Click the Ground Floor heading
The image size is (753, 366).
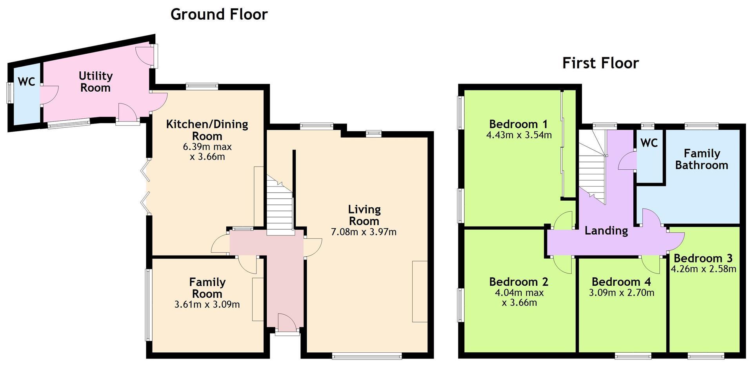click(x=219, y=15)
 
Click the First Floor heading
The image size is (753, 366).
click(x=600, y=63)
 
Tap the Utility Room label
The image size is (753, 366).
click(x=95, y=82)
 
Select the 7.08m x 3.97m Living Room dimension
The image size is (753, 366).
click(x=364, y=232)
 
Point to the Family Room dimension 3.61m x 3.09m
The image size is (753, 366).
click(x=207, y=304)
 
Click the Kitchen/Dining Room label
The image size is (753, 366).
click(x=207, y=130)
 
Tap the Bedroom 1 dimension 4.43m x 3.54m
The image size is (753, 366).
click(x=519, y=135)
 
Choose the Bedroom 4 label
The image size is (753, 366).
click(x=621, y=282)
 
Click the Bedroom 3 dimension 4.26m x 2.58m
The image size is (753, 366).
click(x=703, y=269)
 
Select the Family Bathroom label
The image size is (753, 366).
click(x=702, y=159)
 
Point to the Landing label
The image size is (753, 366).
click(x=606, y=230)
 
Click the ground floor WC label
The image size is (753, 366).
click(x=27, y=82)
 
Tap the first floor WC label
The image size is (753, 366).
click(x=649, y=143)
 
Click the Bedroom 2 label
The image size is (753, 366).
click(x=519, y=282)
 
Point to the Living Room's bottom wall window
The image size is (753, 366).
click(x=367, y=356)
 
